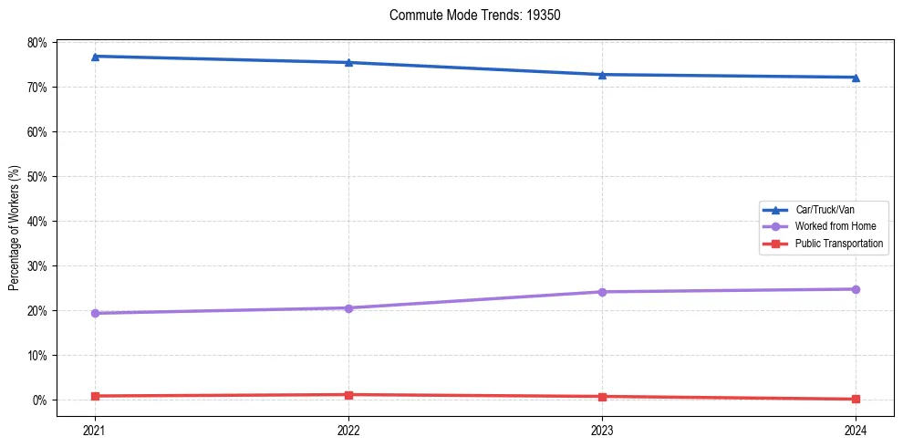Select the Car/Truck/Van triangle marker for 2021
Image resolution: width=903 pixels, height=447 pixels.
pos(95,57)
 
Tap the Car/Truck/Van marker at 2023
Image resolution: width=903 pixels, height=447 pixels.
pos(602,75)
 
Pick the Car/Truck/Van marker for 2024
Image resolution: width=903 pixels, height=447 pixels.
pos(856,78)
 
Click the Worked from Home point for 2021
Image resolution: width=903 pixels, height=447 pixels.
pos(95,313)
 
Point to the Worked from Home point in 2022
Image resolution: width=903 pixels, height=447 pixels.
pos(348,307)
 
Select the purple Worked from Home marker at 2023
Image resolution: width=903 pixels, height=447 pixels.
pos(602,292)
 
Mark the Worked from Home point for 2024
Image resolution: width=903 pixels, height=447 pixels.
pos(856,289)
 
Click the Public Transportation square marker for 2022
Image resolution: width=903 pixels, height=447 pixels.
pos(348,395)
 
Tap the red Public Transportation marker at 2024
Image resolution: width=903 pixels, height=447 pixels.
pos(856,399)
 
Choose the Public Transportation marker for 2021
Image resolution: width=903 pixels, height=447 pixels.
pos(95,396)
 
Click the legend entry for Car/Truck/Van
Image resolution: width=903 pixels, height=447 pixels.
pos(825,210)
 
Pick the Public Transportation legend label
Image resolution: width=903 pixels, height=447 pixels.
pos(838,244)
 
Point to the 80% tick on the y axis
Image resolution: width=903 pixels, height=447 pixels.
pos(36,43)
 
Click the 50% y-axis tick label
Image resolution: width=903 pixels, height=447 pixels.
pos(36,176)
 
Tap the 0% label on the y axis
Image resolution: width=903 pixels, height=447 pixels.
pos(39,400)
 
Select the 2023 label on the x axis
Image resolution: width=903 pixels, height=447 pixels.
pos(602,430)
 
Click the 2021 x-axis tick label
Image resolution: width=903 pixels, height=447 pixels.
pos(95,430)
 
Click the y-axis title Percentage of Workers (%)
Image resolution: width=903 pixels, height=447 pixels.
pos(15,228)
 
